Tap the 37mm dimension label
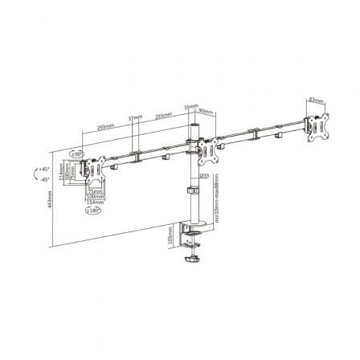[133, 118]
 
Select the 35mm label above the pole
[190, 105]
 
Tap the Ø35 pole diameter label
[204, 174]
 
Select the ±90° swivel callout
[79, 151]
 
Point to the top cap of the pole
[194, 126]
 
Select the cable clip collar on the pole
[193, 191]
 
